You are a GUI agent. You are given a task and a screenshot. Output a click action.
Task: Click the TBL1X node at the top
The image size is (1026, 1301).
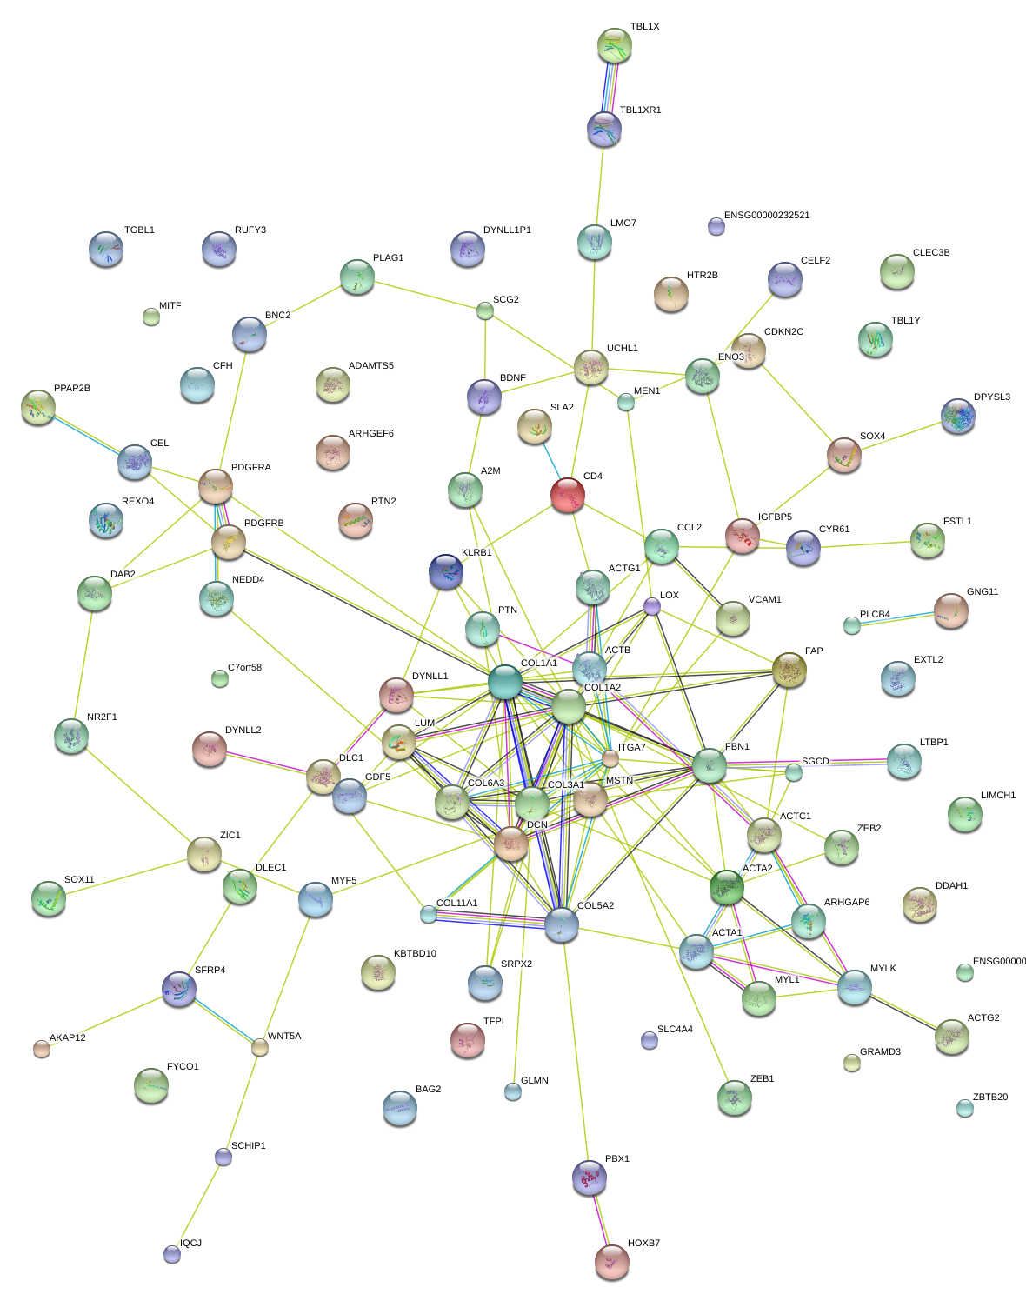615,45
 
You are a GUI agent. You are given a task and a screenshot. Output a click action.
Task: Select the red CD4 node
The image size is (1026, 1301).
568,495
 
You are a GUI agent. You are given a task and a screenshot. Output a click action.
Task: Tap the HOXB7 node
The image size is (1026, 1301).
612,1261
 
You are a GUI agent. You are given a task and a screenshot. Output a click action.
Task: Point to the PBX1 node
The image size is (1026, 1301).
590,1177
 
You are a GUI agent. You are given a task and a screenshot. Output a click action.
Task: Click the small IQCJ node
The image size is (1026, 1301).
172,1253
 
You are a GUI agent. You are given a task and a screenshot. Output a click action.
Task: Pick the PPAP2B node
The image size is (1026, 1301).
38,405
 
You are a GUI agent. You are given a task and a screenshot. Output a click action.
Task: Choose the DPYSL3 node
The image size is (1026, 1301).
957,416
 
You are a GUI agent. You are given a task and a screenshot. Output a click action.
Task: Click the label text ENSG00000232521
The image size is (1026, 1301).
766,216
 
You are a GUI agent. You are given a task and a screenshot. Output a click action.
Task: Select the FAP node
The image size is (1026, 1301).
789,669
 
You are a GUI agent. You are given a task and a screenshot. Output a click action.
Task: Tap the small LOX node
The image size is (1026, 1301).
652,606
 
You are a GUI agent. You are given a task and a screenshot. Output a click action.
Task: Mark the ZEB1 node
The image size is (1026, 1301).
735,1097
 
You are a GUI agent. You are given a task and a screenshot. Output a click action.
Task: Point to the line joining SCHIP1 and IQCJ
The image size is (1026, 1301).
198,1205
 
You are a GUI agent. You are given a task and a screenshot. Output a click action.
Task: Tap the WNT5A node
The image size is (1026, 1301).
260,1047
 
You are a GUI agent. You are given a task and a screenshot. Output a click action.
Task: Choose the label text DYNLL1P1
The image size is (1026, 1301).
507,230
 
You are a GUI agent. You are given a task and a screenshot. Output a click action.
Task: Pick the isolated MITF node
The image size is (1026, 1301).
151,317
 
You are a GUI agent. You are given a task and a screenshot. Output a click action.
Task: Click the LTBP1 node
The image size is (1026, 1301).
904,761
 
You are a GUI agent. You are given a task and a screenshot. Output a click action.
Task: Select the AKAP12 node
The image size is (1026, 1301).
42,1048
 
